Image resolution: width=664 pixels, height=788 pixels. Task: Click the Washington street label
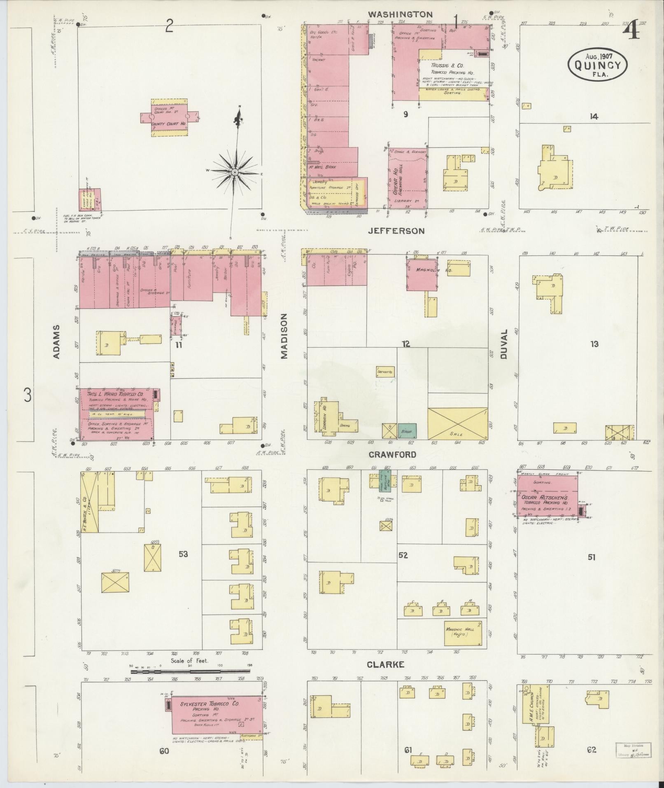coord(400,14)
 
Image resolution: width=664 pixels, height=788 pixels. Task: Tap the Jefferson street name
coord(396,231)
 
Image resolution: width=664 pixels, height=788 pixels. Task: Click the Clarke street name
coord(385,664)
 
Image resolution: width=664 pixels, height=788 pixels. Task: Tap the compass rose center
coord(234,172)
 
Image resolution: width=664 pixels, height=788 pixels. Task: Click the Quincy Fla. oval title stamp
coord(597,65)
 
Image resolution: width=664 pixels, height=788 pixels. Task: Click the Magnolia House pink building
coord(422,274)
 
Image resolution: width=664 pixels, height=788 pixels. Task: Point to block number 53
coord(183,554)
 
